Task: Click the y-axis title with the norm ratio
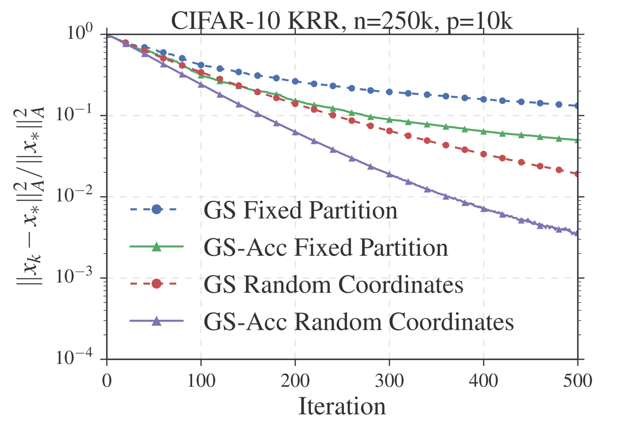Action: tap(37, 196)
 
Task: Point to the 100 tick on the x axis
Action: tap(200, 382)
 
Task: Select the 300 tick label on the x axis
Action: tap(388, 382)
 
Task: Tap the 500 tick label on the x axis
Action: tap(577, 382)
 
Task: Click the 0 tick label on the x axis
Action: tap(106, 382)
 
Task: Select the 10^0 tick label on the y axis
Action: tap(84, 35)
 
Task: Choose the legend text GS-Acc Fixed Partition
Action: tap(325, 248)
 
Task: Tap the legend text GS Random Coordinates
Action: tap(333, 285)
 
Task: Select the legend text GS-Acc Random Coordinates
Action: tap(358, 322)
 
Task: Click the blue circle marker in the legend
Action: tap(157, 210)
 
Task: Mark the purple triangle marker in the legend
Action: tap(157, 322)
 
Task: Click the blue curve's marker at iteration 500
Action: tap(577, 105)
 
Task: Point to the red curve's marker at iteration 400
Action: tap(483, 154)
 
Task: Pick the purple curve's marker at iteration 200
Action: tap(295, 132)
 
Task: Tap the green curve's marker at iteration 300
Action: tap(389, 119)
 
